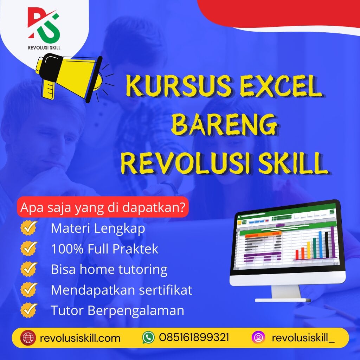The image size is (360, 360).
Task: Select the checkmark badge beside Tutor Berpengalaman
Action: pos(29,310)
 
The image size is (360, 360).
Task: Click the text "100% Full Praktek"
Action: pos(104,249)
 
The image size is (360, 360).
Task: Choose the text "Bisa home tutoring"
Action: pos(109,270)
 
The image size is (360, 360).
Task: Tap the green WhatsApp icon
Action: pos(148,338)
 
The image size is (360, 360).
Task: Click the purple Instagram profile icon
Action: pos(258,338)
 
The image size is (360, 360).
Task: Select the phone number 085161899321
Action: pos(194,338)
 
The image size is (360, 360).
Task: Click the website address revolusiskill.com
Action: pos(81,338)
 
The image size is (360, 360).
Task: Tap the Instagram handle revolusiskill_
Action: pos(303,338)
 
